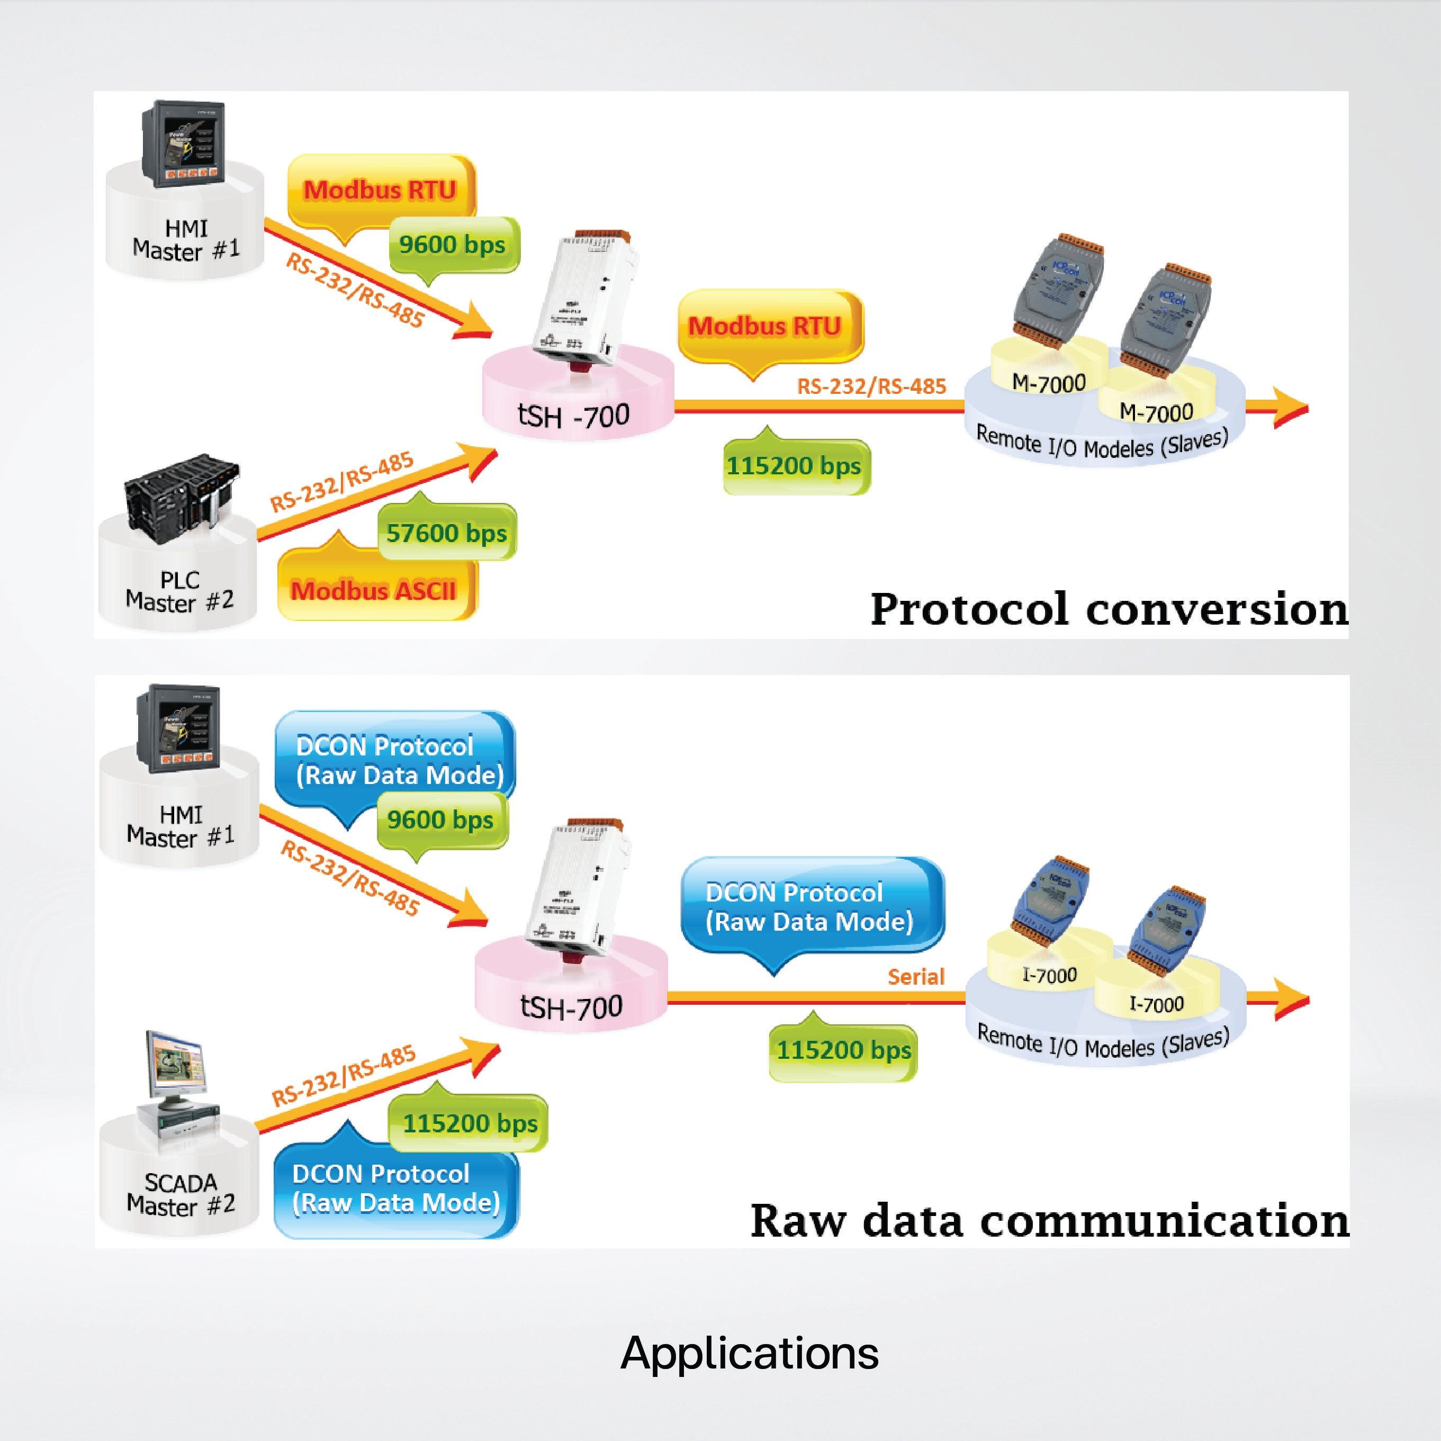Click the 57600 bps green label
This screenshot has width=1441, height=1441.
click(x=446, y=533)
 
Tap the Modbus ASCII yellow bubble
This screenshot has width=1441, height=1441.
click(x=374, y=591)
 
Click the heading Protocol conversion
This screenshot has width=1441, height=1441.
click(x=1109, y=609)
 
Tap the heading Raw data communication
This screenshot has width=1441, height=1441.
click(x=1049, y=1220)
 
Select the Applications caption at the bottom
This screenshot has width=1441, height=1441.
click(x=749, y=1352)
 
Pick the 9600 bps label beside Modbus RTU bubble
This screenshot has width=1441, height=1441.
click(x=452, y=245)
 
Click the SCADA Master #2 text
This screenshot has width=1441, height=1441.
click(x=181, y=1193)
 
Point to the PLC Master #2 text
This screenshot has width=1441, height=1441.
click(x=180, y=591)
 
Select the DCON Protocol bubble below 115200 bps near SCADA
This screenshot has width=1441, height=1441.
click(x=395, y=1188)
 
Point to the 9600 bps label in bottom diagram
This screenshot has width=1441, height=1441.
click(x=440, y=819)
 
